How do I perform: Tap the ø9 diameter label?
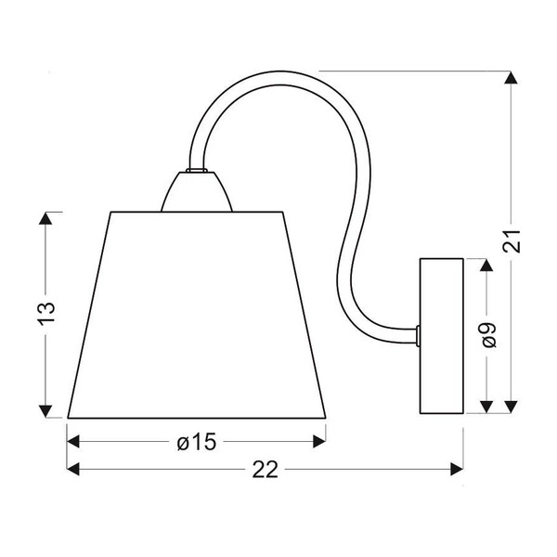coord(488,334)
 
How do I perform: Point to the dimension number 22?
coord(266,470)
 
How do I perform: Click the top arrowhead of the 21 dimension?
coord(510,79)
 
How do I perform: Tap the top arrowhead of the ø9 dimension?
coord(483,266)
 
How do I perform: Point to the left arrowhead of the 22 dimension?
coord(75,470)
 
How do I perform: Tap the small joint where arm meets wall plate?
coord(419,332)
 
